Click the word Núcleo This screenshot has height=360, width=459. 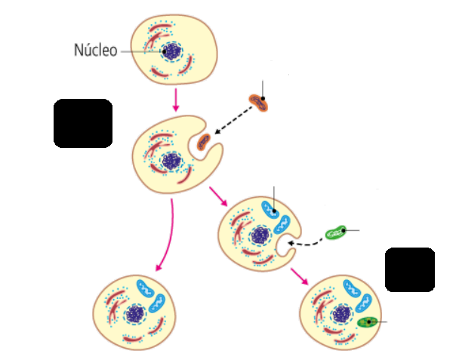[95, 51]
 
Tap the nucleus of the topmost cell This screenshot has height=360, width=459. [171, 51]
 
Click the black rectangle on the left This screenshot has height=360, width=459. [83, 123]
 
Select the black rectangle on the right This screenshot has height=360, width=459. [410, 269]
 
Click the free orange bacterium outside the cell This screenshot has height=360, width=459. [258, 102]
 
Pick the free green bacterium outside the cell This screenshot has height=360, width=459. [335, 233]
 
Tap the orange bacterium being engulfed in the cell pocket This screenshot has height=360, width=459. [204, 140]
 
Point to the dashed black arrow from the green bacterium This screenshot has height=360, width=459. [305, 243]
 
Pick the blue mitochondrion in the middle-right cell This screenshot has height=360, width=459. [272, 209]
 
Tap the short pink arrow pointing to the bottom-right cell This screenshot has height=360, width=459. [300, 275]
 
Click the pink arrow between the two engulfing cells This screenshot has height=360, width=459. [218, 195]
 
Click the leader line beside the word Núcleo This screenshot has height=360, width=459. [141, 51]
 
